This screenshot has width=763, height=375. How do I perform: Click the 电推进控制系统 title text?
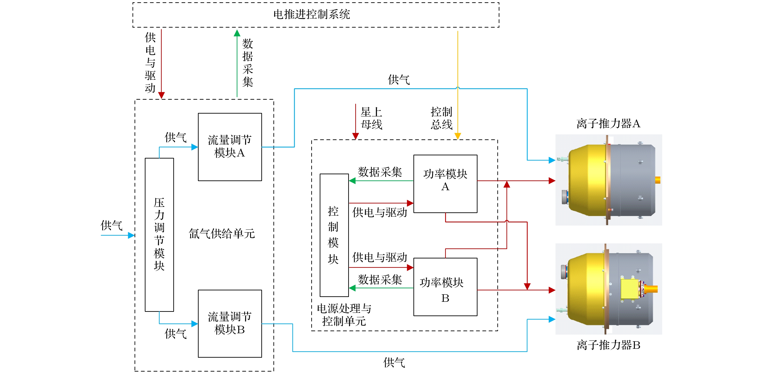coord(311,14)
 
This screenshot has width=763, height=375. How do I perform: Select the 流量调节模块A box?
coord(230,147)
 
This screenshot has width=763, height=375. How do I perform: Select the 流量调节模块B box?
coord(230,323)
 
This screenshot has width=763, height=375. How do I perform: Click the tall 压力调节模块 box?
coord(159,234)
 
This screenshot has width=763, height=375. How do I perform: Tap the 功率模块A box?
coord(445,183)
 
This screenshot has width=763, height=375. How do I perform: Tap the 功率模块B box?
coord(445,287)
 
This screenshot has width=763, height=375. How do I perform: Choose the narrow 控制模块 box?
coord(334,235)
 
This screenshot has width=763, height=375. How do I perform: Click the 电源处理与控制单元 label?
coord(344,315)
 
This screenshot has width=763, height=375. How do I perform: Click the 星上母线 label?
coord(371,118)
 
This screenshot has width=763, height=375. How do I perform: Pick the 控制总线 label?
coord(441,118)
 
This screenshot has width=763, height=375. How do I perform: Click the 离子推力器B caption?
coord(608,345)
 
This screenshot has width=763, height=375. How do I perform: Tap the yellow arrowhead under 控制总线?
coord(458,136)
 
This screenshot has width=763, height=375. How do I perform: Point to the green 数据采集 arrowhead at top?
coord(237,33)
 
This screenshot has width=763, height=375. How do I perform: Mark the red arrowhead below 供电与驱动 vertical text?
coord(161,95)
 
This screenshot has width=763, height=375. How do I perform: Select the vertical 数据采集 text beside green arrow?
coord(248,63)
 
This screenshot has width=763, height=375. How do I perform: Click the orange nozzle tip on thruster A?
coord(658,180)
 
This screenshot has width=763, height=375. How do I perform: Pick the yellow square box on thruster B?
coord(629,289)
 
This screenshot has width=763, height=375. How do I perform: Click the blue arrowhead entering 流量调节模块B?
coord(195,324)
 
